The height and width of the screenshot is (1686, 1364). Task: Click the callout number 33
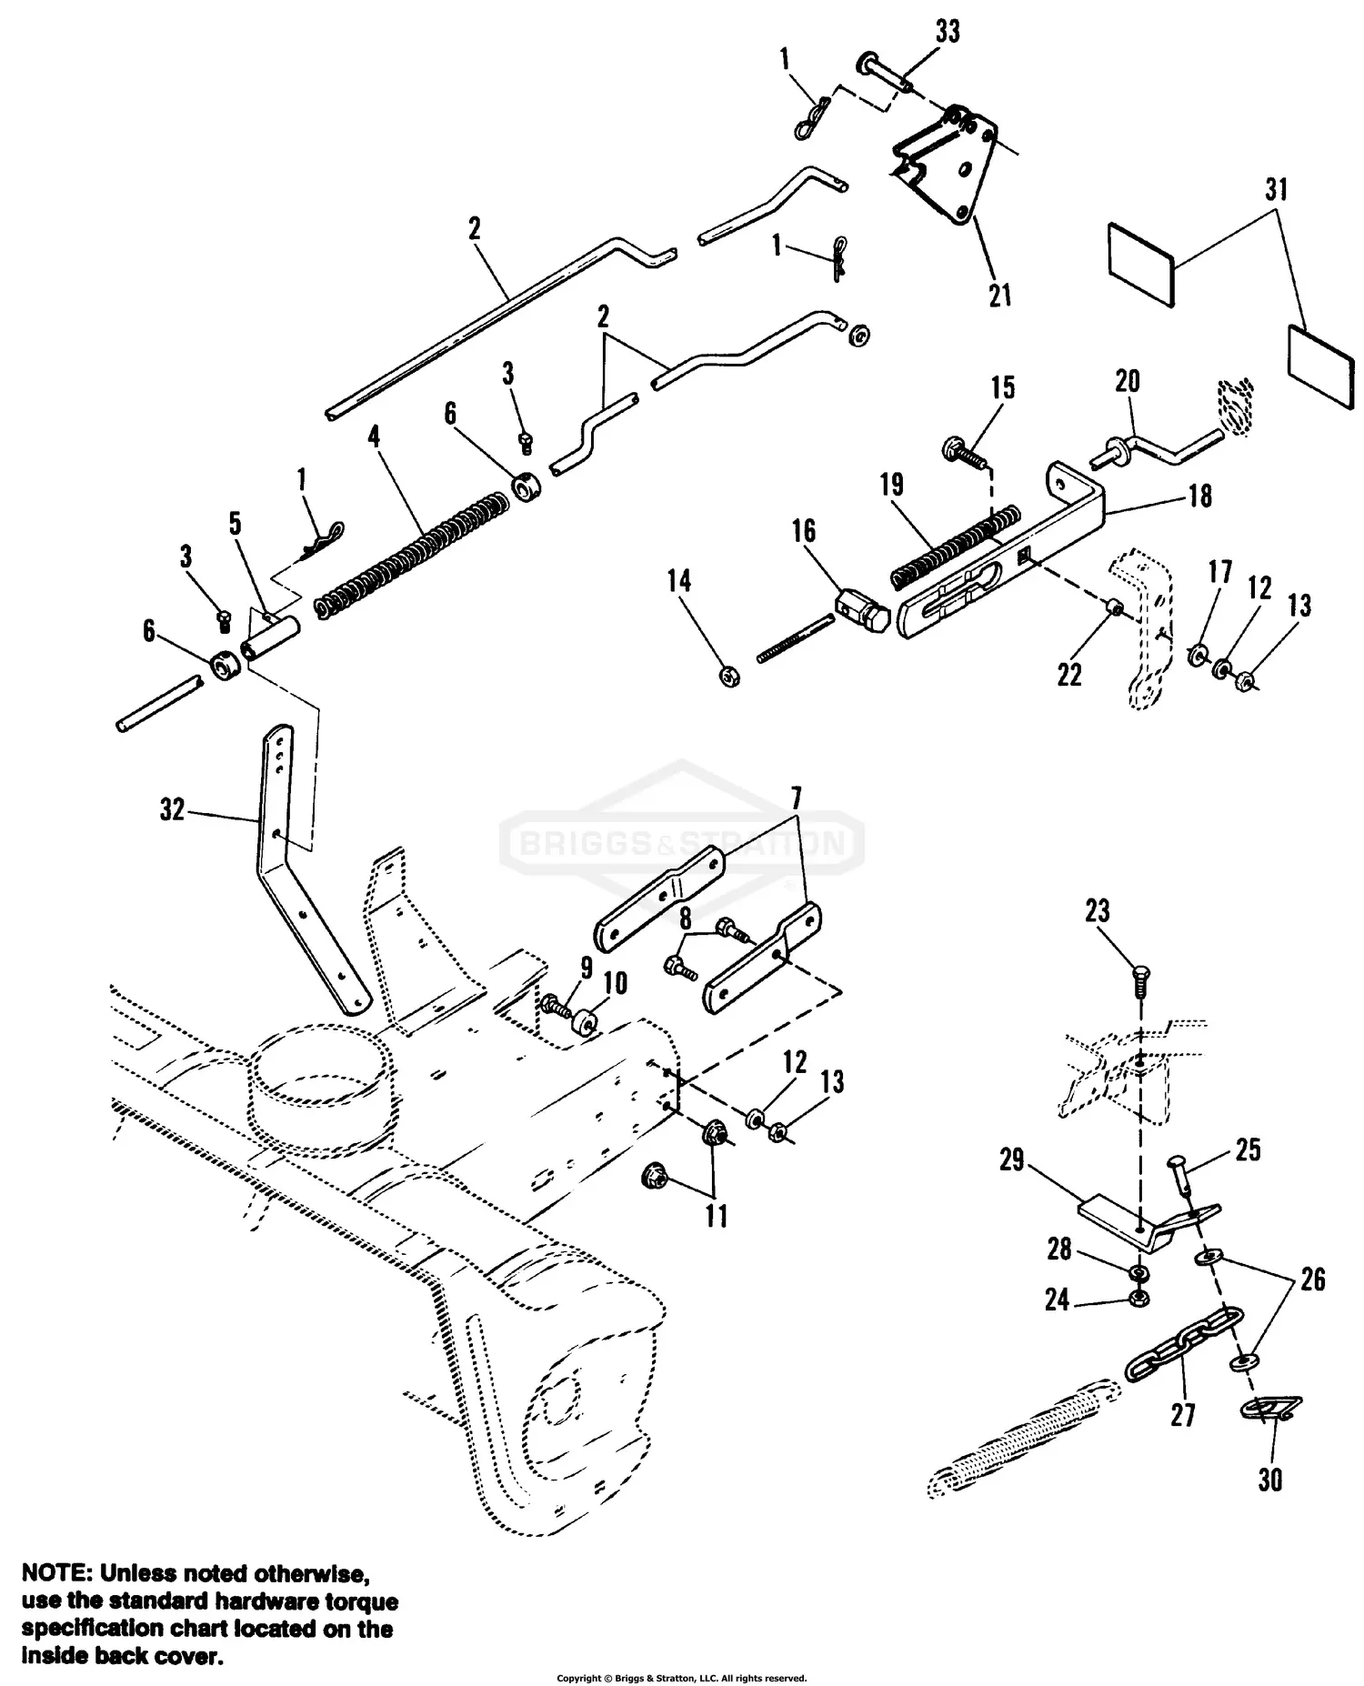pyautogui.click(x=948, y=32)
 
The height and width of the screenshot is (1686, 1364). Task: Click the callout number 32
pyautogui.click(x=172, y=809)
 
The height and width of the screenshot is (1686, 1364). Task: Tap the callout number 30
pyautogui.click(x=1269, y=1480)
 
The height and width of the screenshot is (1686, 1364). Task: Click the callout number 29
pyautogui.click(x=1012, y=1160)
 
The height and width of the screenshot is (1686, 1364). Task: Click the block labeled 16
pyautogui.click(x=858, y=615)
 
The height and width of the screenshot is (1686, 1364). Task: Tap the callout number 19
pyautogui.click(x=891, y=485)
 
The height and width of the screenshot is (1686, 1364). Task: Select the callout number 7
pyautogui.click(x=795, y=799)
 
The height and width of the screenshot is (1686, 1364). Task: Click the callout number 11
pyautogui.click(x=717, y=1216)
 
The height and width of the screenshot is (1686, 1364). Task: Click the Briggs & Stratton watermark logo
pyautogui.click(x=682, y=843)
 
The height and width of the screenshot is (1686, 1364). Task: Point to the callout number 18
pyautogui.click(x=1200, y=496)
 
